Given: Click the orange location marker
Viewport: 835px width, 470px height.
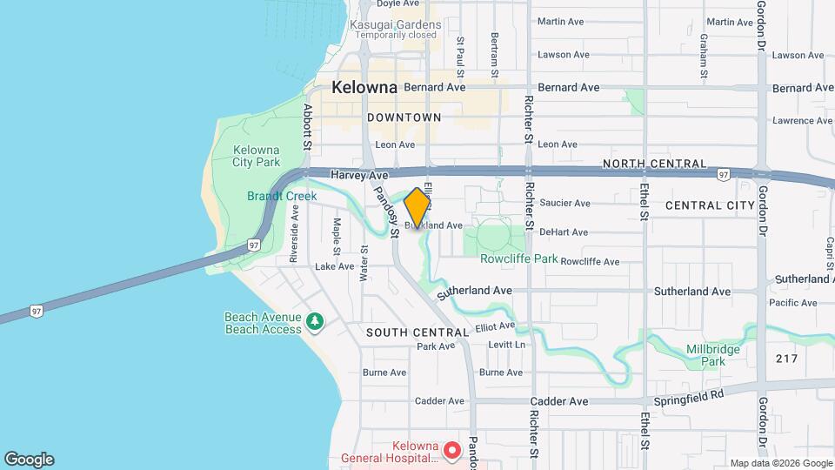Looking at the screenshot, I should click(x=417, y=208).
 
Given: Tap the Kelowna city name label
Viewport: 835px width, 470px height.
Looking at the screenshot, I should click(x=364, y=88).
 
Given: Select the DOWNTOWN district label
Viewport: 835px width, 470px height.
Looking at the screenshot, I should click(x=404, y=117).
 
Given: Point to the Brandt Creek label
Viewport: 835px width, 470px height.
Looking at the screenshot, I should click(x=282, y=197).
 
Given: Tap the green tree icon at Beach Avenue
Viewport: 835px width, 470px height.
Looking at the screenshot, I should click(x=315, y=323).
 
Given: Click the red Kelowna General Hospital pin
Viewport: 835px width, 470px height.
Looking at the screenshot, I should click(x=451, y=451).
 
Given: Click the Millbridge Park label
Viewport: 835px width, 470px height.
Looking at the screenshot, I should click(x=705, y=354).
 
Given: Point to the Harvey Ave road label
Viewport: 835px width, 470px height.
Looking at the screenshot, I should click(x=359, y=175).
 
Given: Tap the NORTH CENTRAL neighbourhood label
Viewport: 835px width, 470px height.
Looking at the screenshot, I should click(x=653, y=164).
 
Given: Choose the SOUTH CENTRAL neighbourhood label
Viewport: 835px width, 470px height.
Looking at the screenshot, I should click(x=418, y=332).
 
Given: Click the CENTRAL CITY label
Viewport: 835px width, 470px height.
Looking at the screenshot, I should click(x=709, y=205).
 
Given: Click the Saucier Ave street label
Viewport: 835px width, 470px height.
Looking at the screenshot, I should click(x=565, y=203).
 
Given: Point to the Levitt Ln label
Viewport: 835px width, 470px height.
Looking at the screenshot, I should click(x=507, y=345).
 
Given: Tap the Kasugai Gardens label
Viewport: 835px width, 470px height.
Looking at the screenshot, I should click(x=406, y=24).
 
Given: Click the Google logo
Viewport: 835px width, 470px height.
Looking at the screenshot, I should click(x=29, y=460).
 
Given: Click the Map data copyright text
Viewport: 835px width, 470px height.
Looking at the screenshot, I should click(x=779, y=462).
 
